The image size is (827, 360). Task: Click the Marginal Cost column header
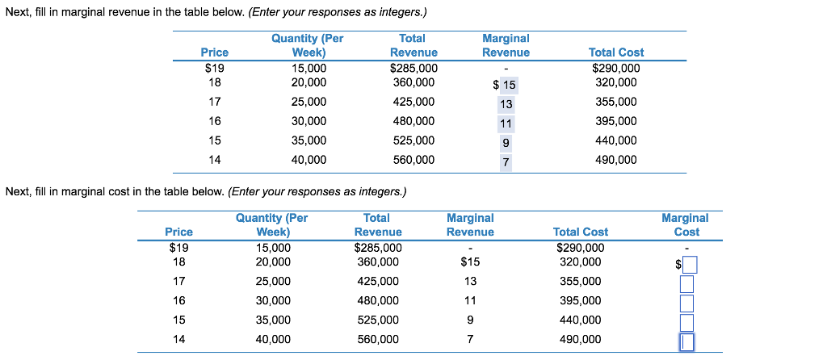(x=685, y=224)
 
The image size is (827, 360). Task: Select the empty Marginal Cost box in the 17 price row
(x=687, y=283)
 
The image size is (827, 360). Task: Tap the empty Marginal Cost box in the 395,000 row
(x=687, y=303)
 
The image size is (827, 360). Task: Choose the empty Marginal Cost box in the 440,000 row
(x=687, y=322)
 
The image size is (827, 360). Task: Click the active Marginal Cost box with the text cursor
(x=687, y=342)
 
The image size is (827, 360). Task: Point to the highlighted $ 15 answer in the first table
(x=505, y=86)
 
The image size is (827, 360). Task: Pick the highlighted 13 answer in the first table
(x=506, y=104)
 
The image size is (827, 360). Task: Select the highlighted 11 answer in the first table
(x=506, y=123)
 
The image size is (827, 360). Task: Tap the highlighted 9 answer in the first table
(x=506, y=143)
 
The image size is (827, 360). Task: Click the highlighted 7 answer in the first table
(x=506, y=162)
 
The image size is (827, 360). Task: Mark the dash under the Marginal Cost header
(x=686, y=247)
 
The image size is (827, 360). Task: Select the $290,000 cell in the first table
(x=615, y=69)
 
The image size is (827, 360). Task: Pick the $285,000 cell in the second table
(x=377, y=248)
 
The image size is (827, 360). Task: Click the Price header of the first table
(x=214, y=52)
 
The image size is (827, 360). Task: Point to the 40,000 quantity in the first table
(x=309, y=160)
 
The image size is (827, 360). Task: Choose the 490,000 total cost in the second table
(x=580, y=340)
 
